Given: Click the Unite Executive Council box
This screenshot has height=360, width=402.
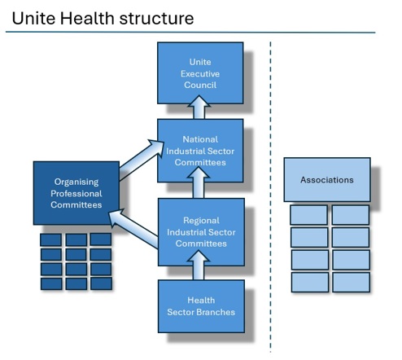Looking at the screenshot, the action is tap(200, 72).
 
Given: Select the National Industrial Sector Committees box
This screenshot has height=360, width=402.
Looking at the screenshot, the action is tap(200, 151).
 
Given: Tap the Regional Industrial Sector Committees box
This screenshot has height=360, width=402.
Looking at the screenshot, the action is tap(201, 232).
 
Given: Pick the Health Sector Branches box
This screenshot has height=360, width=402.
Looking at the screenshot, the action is tap(201, 306).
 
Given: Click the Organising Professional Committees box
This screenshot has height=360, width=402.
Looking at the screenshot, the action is tap(76, 193).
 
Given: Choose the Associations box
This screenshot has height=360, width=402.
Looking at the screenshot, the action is tap(327, 179).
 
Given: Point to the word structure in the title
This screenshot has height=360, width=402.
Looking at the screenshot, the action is tap(156, 19).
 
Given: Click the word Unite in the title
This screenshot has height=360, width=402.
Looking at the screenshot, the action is tap(33, 19).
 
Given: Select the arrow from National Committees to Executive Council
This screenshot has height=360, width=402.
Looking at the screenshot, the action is tap(199, 107).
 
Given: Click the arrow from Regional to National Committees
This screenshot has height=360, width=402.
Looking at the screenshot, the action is tap(199, 182).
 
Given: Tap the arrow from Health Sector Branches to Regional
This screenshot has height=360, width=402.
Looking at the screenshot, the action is tap(199, 266).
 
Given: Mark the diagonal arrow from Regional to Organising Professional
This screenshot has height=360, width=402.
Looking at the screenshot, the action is tap(133, 227).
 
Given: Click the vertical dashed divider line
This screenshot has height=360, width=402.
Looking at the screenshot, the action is tap(270, 197).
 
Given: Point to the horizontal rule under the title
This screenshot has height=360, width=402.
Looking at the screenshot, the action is tap(190, 33).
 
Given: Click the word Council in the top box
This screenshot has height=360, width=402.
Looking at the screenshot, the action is tap(200, 85).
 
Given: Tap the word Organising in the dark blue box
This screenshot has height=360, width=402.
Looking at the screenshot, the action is tap(76, 182).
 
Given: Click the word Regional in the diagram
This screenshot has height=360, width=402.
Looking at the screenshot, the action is tap(201, 221).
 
